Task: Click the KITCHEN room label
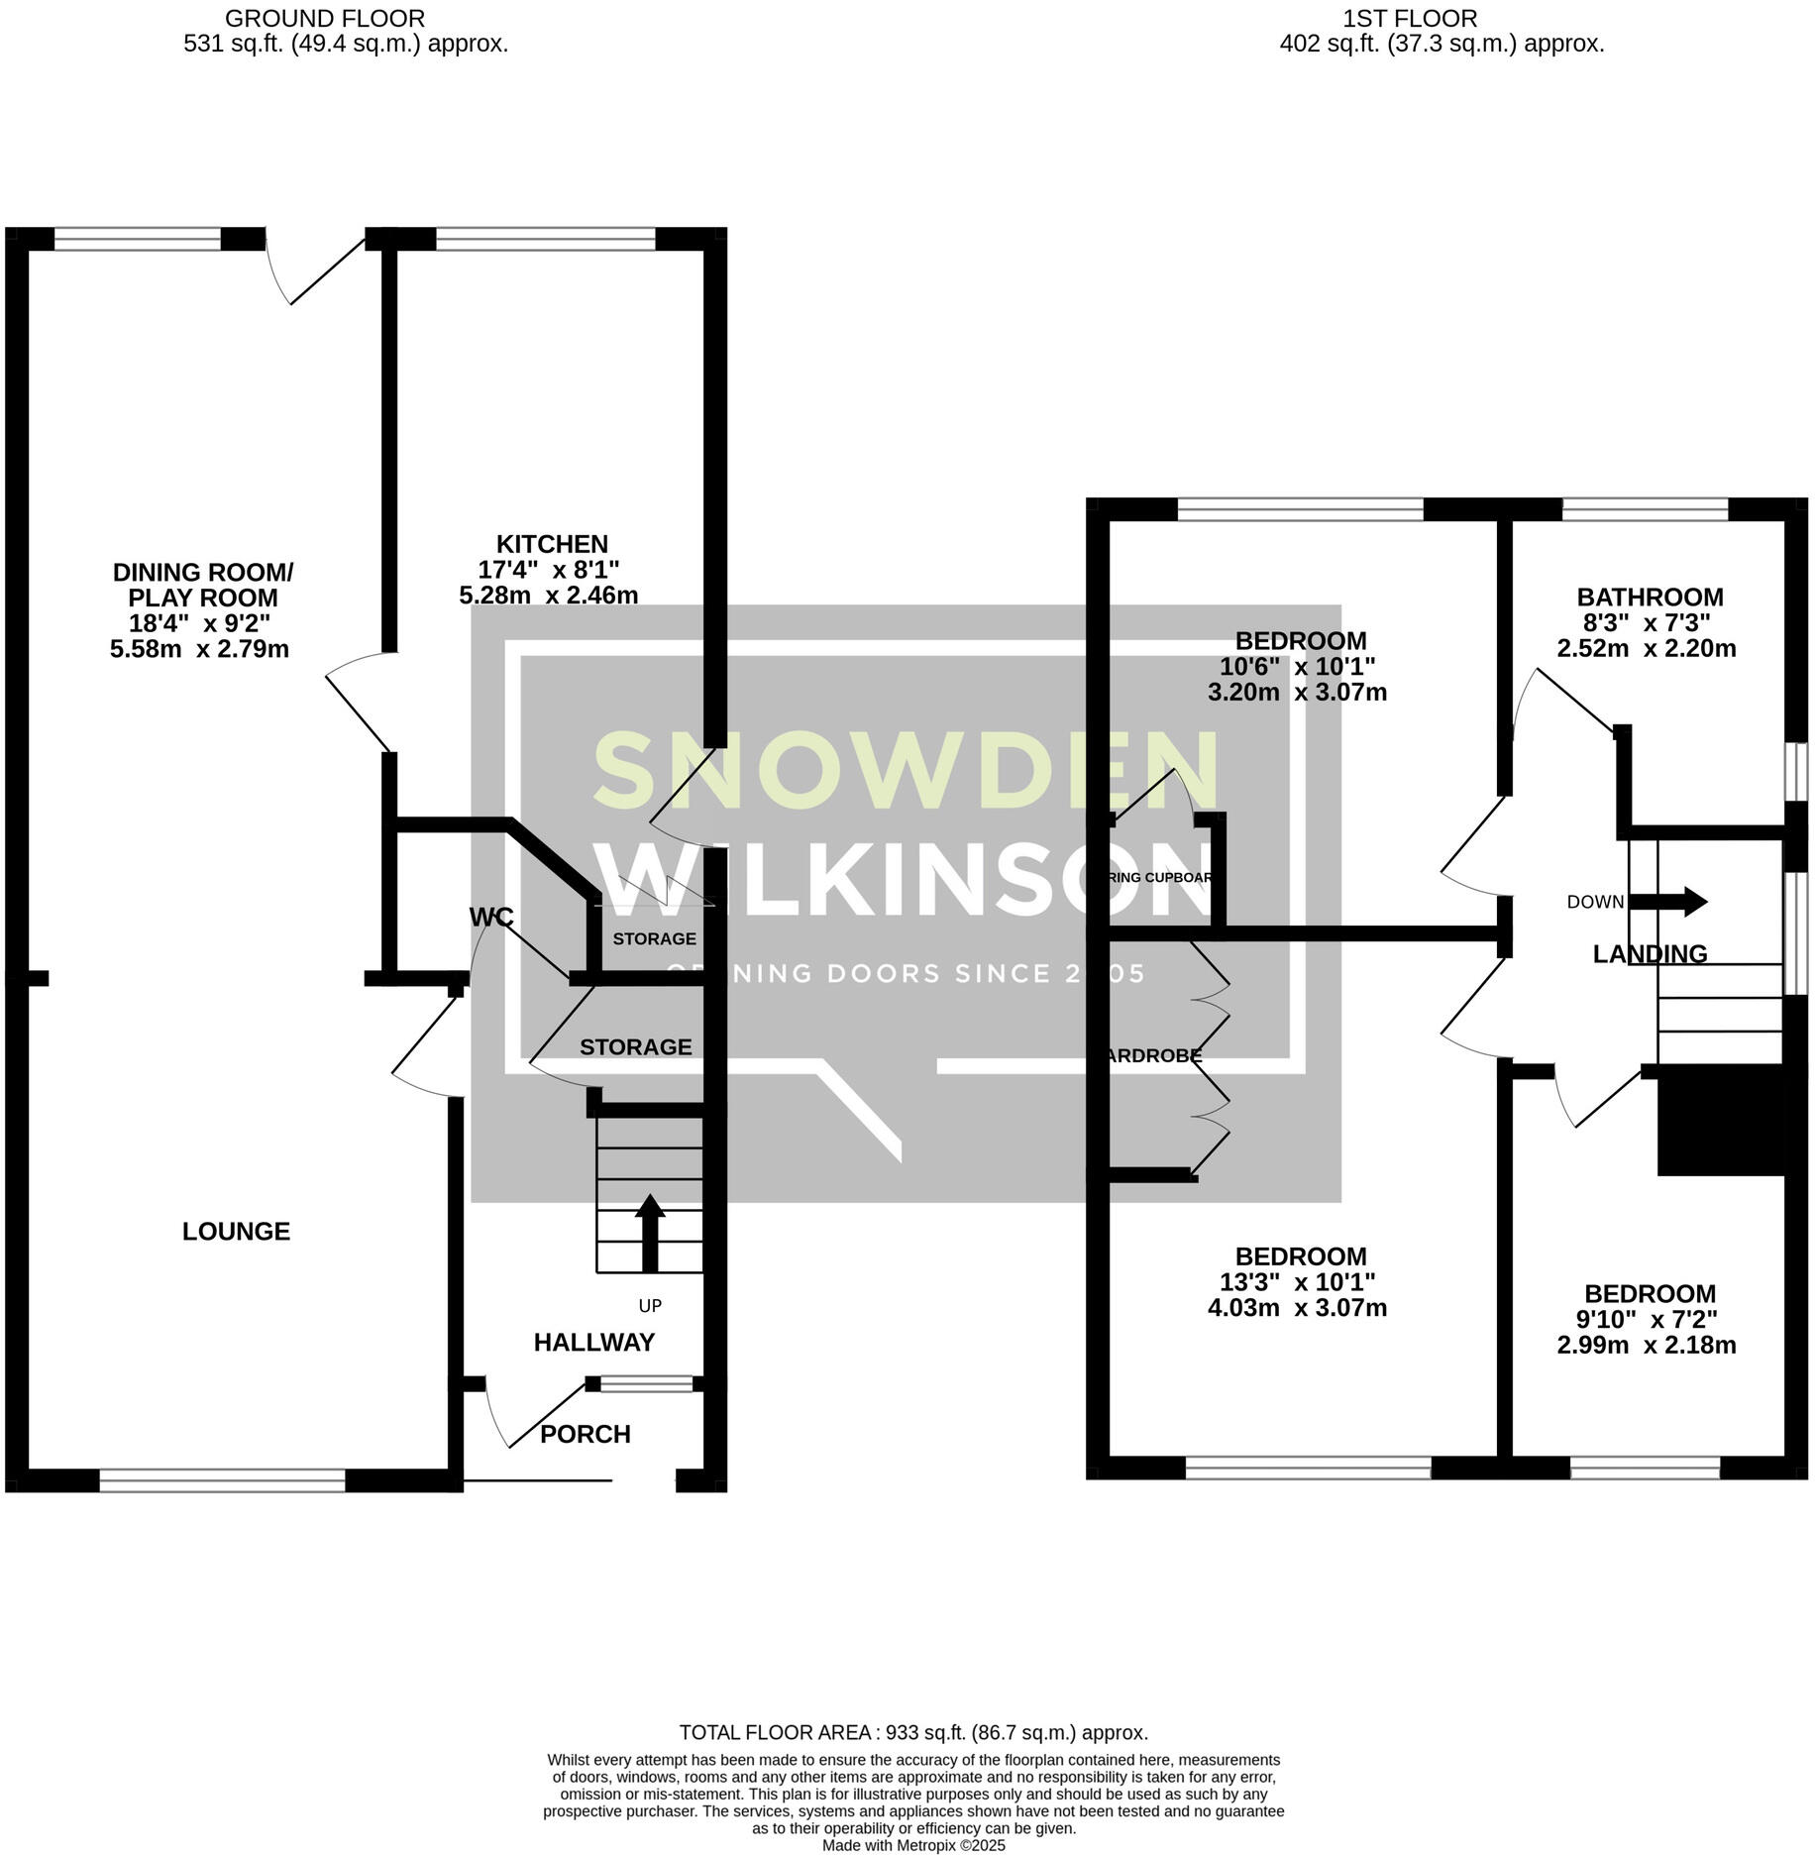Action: click(x=552, y=544)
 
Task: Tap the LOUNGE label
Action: click(x=236, y=1232)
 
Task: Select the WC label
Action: click(x=491, y=918)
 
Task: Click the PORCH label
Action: click(x=585, y=1434)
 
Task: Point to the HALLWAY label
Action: click(x=593, y=1343)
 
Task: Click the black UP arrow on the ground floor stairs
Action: click(x=650, y=1233)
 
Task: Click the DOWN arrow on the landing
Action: click(x=1668, y=902)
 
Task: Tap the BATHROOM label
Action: click(x=1650, y=598)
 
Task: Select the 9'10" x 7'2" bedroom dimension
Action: click(x=1650, y=1320)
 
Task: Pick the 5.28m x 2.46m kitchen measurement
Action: click(x=548, y=596)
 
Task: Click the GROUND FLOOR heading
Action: click(x=325, y=18)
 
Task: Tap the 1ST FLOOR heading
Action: click(x=1409, y=18)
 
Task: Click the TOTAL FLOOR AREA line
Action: click(x=912, y=1733)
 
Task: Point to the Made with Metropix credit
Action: click(x=912, y=1845)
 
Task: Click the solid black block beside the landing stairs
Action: click(x=1719, y=1124)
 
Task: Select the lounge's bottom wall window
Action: click(x=222, y=1480)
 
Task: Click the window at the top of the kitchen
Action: click(x=545, y=239)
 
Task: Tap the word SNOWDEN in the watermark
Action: click(x=906, y=770)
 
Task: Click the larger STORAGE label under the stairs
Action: click(x=635, y=1047)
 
